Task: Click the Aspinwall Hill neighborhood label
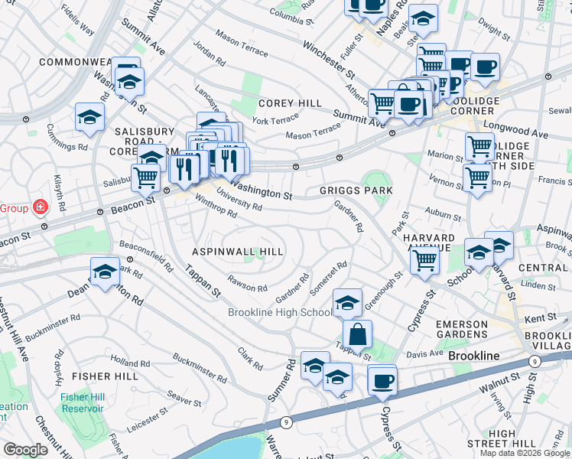click(x=238, y=252)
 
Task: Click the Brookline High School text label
click(x=280, y=312)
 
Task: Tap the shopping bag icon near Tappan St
click(x=357, y=334)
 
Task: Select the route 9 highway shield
click(x=285, y=421)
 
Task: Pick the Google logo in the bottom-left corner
click(x=25, y=449)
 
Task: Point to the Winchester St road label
click(x=329, y=61)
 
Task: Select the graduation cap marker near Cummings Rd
click(x=89, y=118)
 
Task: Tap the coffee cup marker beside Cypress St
click(x=382, y=379)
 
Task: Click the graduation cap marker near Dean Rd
click(x=105, y=271)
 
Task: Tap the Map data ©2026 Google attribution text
click(x=525, y=453)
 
